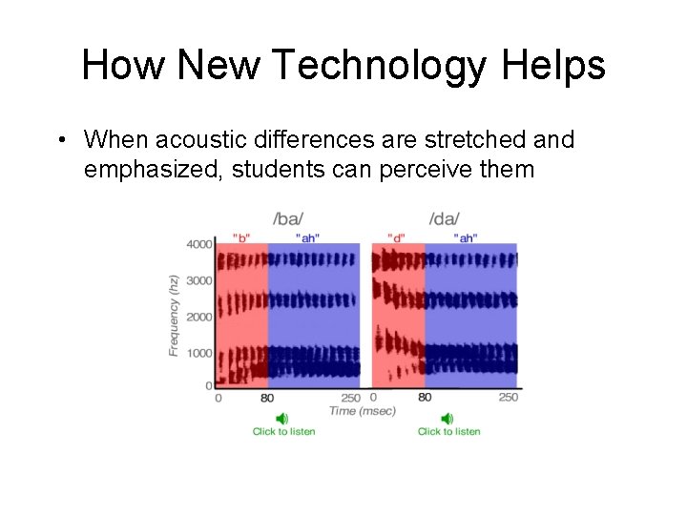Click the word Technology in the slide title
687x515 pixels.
click(365, 66)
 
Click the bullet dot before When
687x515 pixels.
click(60, 141)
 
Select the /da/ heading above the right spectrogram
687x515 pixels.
click(445, 218)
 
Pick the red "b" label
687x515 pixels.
click(241, 237)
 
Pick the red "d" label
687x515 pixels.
click(396, 237)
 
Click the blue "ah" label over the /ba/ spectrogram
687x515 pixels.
click(307, 237)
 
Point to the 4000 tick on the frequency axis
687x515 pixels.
click(198, 244)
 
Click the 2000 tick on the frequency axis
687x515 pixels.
click(198, 316)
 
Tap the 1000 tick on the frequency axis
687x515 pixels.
click(198, 352)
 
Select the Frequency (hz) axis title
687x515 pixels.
click(175, 315)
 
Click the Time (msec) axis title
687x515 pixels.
click(362, 411)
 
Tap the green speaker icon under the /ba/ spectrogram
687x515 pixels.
click(282, 419)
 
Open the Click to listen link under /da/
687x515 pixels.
click(448, 432)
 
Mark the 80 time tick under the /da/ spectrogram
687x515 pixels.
click(425, 397)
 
